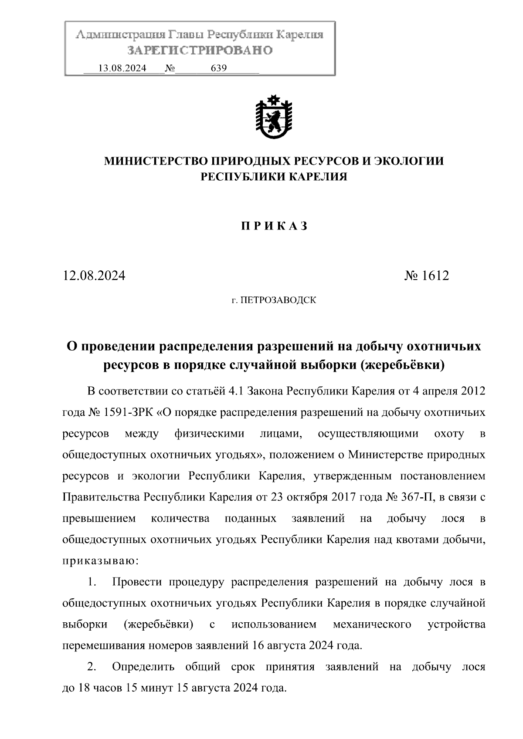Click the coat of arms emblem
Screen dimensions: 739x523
[x=274, y=117]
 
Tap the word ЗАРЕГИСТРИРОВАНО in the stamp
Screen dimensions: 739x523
[x=200, y=51]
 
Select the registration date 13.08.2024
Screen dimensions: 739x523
[x=122, y=68]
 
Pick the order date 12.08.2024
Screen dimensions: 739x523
[x=94, y=276]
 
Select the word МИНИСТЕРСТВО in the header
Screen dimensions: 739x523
[x=156, y=162]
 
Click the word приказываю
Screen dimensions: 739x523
[x=101, y=561]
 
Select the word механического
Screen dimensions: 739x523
[x=372, y=624]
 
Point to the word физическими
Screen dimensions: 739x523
[x=209, y=434]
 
